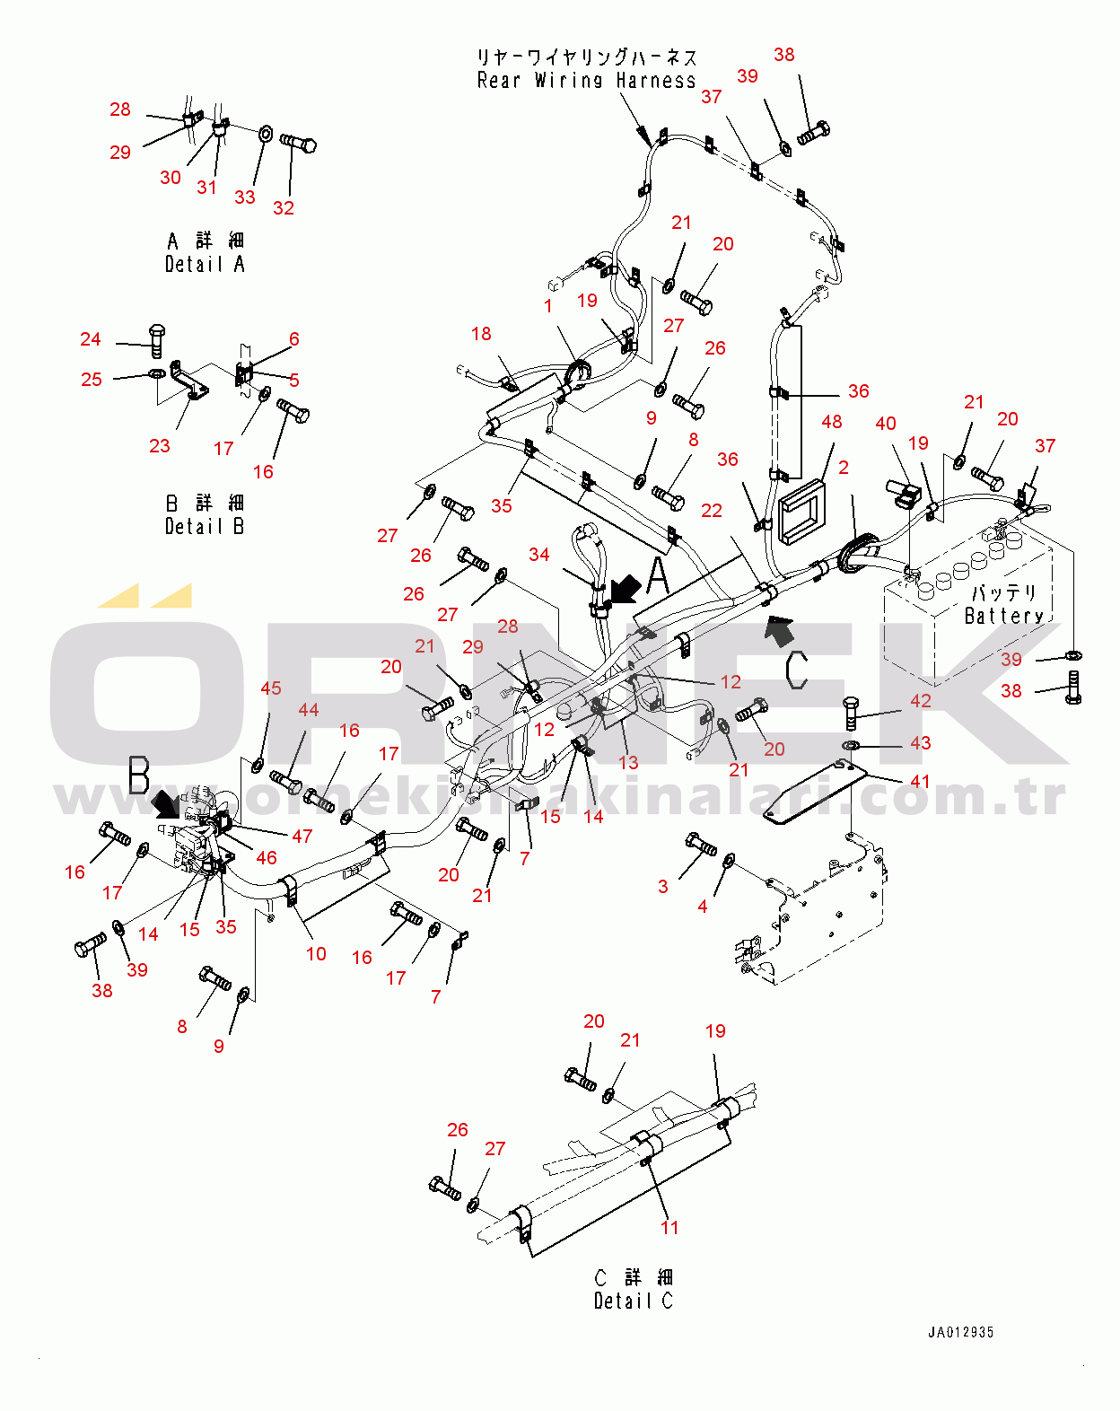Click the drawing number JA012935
(x=960, y=1332)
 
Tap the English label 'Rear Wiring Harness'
(x=586, y=81)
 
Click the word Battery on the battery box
(x=1003, y=616)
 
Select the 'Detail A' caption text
(x=205, y=264)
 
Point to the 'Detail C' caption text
(x=633, y=1301)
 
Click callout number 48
(x=832, y=421)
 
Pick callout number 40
(x=886, y=423)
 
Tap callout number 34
(x=538, y=555)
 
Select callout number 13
(x=628, y=762)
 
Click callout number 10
(x=316, y=953)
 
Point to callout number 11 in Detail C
(x=669, y=1227)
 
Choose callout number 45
(x=271, y=688)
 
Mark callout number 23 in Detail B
(x=160, y=445)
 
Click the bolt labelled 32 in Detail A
(x=299, y=143)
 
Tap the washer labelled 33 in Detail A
(x=267, y=134)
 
